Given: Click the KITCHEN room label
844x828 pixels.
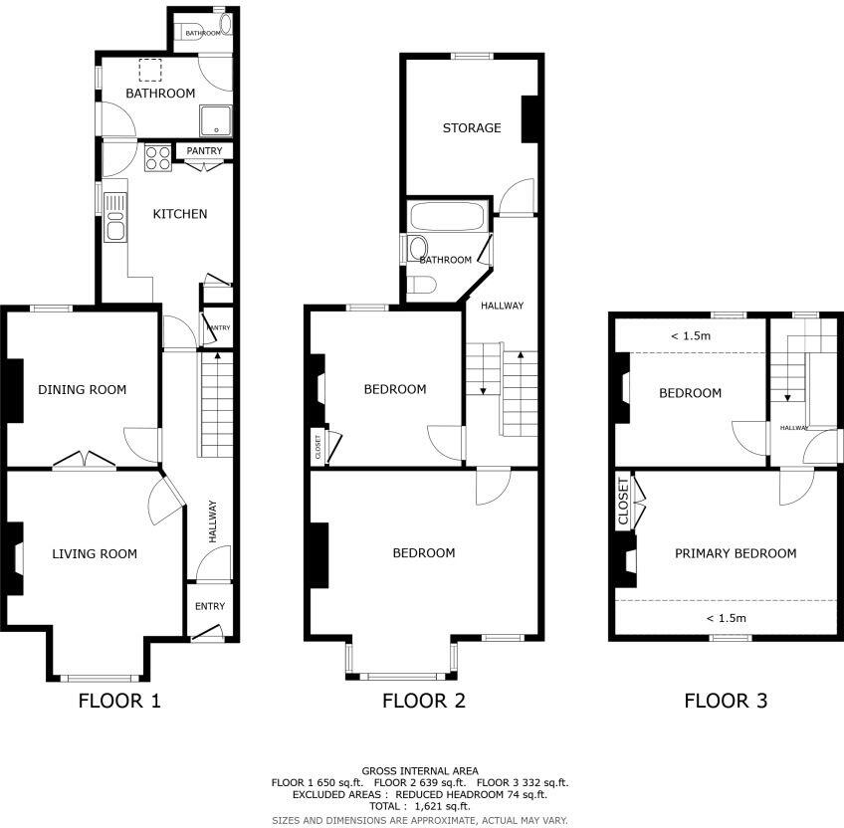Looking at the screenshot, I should (179, 214).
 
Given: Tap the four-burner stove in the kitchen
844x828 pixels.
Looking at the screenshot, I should (158, 158).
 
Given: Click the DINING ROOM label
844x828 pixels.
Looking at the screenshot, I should (83, 389).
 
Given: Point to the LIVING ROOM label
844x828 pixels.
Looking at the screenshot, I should (95, 553).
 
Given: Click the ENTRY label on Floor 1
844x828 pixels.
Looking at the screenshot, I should (209, 606).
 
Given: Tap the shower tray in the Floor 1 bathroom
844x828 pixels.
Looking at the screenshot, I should (216, 121).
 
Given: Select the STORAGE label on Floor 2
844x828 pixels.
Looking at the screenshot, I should (472, 128).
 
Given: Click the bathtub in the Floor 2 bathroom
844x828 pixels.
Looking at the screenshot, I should (447, 216).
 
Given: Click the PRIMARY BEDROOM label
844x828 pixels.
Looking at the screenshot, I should (736, 553).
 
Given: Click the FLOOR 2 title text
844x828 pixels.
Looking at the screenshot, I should (423, 701).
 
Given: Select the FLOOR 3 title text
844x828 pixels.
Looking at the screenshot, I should (726, 701).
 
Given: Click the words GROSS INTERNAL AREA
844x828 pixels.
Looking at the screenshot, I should (420, 770).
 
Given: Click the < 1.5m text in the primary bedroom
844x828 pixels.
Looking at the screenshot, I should (726, 618).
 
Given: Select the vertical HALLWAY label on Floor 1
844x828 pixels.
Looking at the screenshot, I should (212, 520).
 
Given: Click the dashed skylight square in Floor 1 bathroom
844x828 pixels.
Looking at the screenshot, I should (149, 70).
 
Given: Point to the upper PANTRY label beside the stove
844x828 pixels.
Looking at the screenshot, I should (204, 151).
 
